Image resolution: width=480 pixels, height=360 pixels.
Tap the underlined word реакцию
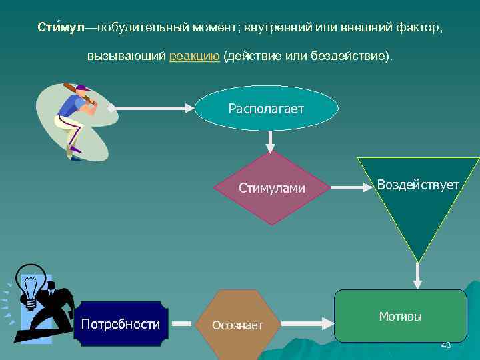click(195, 56)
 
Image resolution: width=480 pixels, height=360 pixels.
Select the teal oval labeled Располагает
click(267, 108)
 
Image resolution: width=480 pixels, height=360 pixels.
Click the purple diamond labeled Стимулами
click(271, 189)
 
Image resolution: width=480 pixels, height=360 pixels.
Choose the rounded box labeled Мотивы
click(400, 316)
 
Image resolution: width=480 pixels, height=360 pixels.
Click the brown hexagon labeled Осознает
click(238, 325)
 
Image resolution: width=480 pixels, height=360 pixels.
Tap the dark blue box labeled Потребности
click(121, 325)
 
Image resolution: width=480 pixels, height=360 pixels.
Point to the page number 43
click(446, 345)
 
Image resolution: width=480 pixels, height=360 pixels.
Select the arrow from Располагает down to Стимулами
click(270, 140)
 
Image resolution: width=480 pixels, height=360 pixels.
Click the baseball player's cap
click(82, 87)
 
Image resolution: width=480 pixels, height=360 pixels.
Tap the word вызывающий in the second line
click(126, 56)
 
